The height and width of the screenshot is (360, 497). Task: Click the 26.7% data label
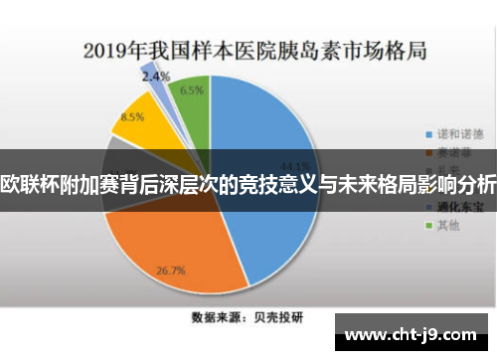[172, 270]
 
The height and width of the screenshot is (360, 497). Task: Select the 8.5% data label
[132, 117]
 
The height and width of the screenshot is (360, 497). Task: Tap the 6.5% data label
[192, 90]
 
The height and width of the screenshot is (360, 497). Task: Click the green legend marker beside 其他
[428, 226]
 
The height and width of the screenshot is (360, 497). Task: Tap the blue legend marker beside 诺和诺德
[428, 133]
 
